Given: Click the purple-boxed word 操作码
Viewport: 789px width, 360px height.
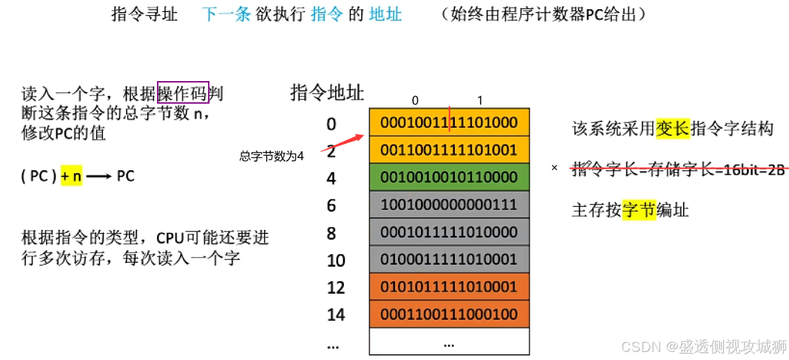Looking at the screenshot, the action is (183, 92).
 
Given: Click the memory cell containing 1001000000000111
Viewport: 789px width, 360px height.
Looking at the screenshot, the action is (449, 205).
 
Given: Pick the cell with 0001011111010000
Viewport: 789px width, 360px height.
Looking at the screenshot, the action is (449, 232).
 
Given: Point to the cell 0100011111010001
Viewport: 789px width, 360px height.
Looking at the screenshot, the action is (449, 259).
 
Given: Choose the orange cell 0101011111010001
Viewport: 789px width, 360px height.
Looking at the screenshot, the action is (449, 287).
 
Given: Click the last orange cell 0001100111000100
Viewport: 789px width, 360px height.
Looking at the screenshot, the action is (449, 314).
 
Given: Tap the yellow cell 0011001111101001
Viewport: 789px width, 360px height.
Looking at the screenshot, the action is (449, 150).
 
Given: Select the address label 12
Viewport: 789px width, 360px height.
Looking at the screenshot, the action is (336, 288).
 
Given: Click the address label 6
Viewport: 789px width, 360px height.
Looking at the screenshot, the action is (331, 205).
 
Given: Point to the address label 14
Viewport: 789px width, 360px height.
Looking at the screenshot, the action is (336, 315).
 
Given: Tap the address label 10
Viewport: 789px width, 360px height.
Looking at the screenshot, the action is (336, 261).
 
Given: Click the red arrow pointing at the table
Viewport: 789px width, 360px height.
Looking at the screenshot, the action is (342, 144).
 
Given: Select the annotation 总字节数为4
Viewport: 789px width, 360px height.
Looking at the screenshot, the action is (271, 156).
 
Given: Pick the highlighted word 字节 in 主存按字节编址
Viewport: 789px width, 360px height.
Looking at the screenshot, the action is (639, 210).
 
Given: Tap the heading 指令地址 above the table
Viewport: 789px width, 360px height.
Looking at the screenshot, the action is (327, 92).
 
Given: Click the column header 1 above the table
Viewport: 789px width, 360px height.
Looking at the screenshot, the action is (480, 101).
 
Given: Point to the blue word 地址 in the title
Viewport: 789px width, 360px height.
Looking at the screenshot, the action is (385, 14).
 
